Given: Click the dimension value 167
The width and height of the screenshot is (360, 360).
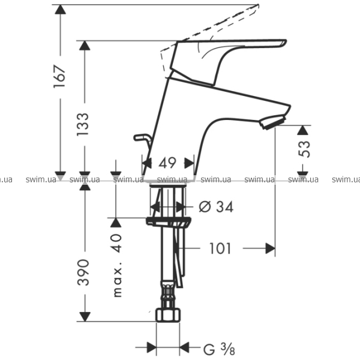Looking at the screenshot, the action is point(59,76).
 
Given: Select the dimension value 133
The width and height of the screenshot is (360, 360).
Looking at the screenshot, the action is point(82,124).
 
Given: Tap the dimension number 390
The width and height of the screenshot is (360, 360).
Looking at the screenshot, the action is point(83,272).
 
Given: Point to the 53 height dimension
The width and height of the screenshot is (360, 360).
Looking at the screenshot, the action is point(304,149).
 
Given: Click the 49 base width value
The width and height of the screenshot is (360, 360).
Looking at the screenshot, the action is point(167,163).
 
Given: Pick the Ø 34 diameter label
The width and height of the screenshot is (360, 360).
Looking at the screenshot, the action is point(216,206).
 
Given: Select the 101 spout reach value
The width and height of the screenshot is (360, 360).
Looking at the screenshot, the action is point(220,248).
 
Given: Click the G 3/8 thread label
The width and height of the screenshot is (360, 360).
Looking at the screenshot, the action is point(219,348).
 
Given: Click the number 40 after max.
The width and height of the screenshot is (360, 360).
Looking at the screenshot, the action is point(116,244).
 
